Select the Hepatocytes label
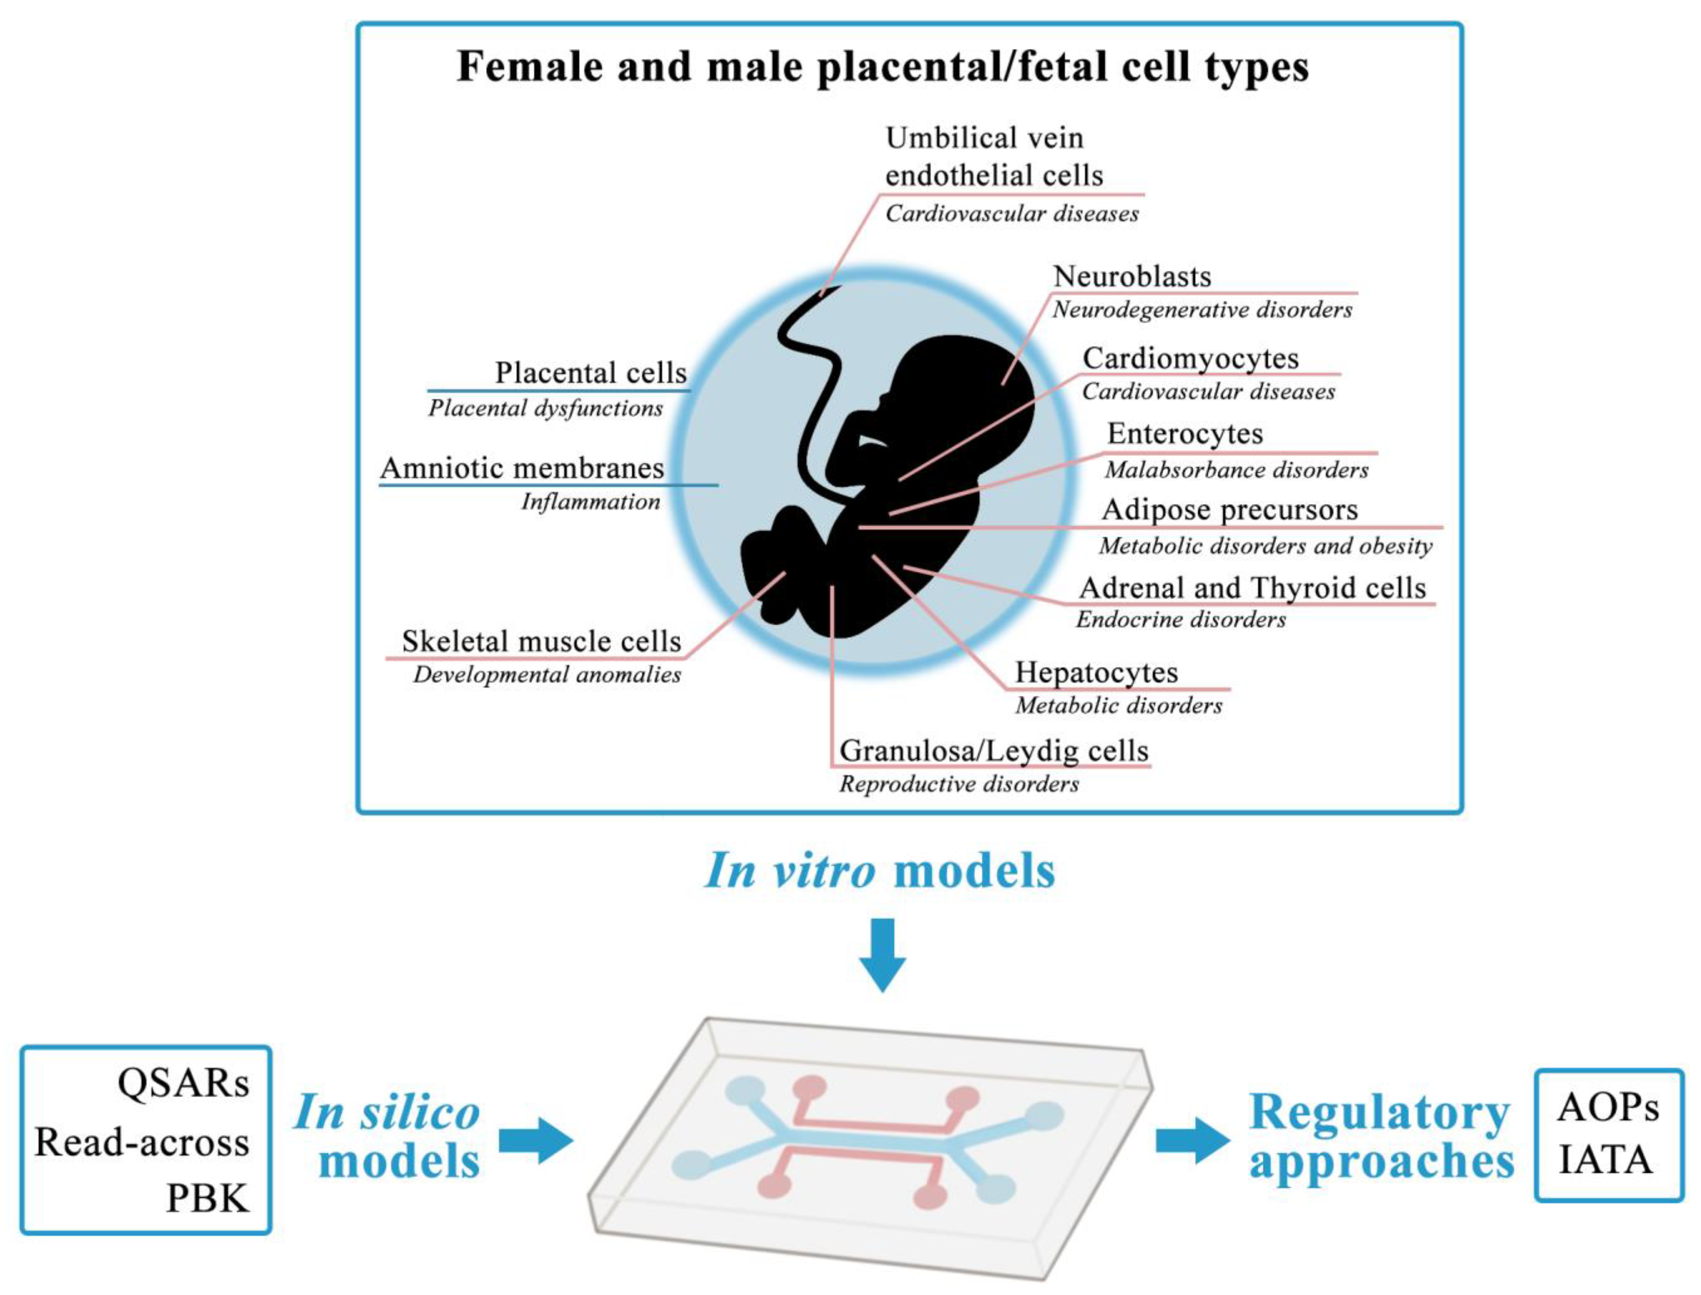point(1096,672)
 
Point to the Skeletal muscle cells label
point(541,641)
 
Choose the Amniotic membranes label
point(522,468)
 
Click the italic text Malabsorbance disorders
point(1236,470)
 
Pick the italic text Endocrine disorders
point(1180,620)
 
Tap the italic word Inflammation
point(591,502)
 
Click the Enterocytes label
point(1185,434)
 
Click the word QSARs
point(183,1083)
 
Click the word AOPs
point(1608,1107)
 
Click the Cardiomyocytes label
point(1190,358)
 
